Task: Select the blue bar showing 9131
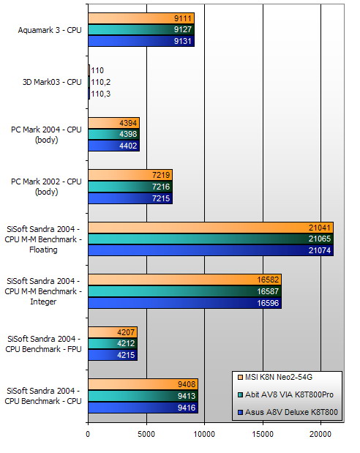pyautogui.click(x=141, y=42)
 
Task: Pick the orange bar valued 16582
pyautogui.click(x=184, y=280)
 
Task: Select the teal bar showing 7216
pyautogui.click(x=130, y=187)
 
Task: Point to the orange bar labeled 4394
pyautogui.click(x=113, y=123)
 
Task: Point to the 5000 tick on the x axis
pyautogui.click(x=146, y=434)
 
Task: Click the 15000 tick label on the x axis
pyautogui.click(x=262, y=434)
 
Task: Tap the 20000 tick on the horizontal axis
pyautogui.click(x=320, y=434)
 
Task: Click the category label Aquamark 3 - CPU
pyautogui.click(x=50, y=30)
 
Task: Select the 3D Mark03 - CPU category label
pyautogui.click(x=51, y=82)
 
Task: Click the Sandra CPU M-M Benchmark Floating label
pyautogui.click(x=45, y=239)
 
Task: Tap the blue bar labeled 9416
pyautogui.click(x=143, y=408)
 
